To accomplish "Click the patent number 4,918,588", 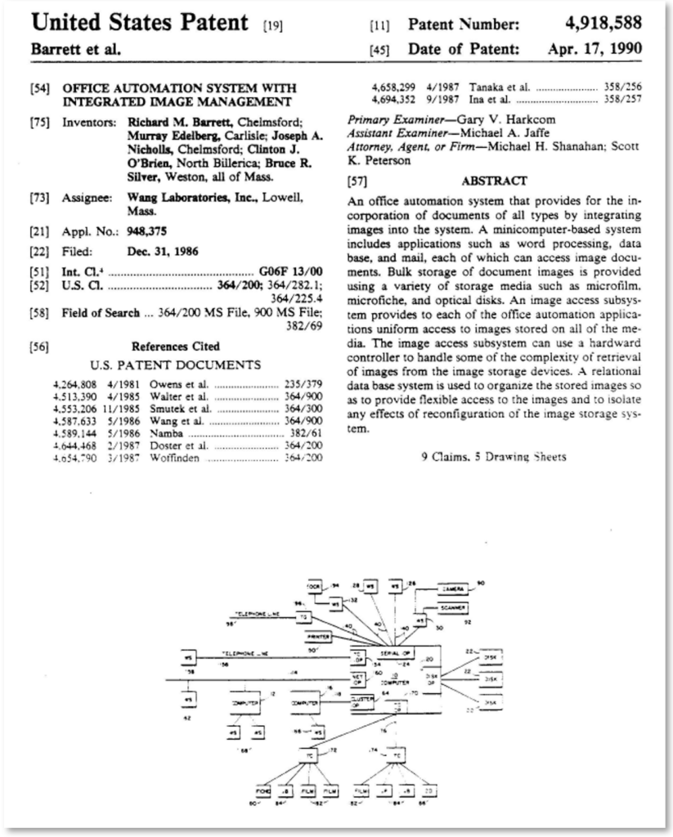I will click(x=601, y=23).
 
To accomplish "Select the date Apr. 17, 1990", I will click(x=595, y=48).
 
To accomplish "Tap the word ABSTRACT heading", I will click(x=494, y=181).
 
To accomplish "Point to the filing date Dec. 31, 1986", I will click(x=163, y=252).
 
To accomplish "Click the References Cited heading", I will click(x=175, y=346).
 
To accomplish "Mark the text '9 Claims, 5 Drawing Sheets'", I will click(x=493, y=456).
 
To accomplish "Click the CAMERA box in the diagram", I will click(x=452, y=589).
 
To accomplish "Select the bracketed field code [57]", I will click(x=357, y=181).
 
